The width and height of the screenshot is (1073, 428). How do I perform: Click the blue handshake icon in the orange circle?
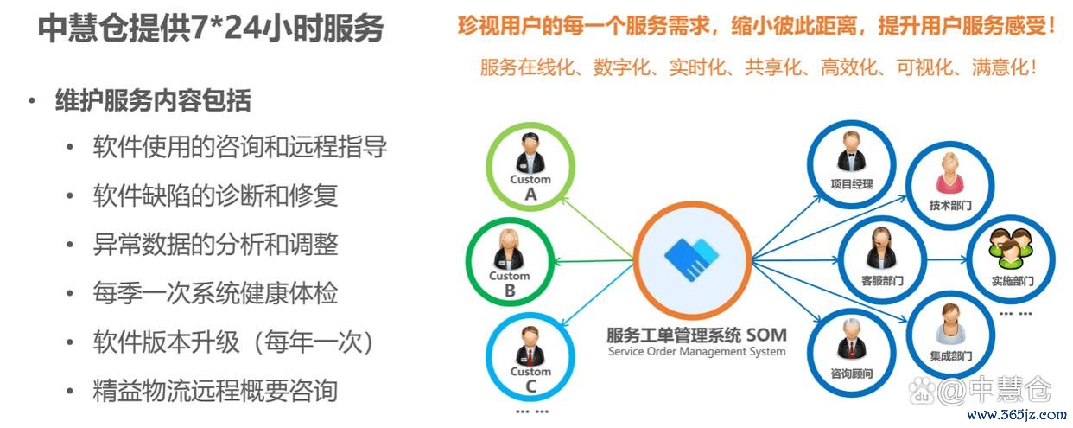(x=692, y=259)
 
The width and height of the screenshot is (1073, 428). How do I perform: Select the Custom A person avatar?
(x=530, y=153)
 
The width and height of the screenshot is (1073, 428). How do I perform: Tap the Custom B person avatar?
(x=509, y=250)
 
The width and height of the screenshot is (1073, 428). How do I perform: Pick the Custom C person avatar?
(x=530, y=346)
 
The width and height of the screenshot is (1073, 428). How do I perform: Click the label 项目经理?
(x=852, y=184)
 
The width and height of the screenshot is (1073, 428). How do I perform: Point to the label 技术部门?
(x=950, y=205)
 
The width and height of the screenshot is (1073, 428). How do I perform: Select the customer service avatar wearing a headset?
(x=881, y=248)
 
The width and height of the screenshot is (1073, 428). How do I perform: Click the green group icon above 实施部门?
(x=1011, y=248)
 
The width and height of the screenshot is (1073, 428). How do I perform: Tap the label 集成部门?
(x=951, y=355)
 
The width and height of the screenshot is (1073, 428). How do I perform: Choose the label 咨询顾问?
(x=852, y=373)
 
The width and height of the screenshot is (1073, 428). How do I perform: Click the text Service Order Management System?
(x=696, y=351)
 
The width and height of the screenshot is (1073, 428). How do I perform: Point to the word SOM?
(x=766, y=335)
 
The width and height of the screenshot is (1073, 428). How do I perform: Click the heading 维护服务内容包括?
(x=153, y=100)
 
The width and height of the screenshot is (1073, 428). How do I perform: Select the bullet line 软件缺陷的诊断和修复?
(x=216, y=195)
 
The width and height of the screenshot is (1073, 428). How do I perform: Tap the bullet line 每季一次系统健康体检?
(x=216, y=293)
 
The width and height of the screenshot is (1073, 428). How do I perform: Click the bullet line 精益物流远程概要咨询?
(x=216, y=391)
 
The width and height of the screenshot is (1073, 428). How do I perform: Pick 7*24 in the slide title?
(x=226, y=28)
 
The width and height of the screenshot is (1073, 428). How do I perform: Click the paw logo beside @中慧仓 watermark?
(x=922, y=389)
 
